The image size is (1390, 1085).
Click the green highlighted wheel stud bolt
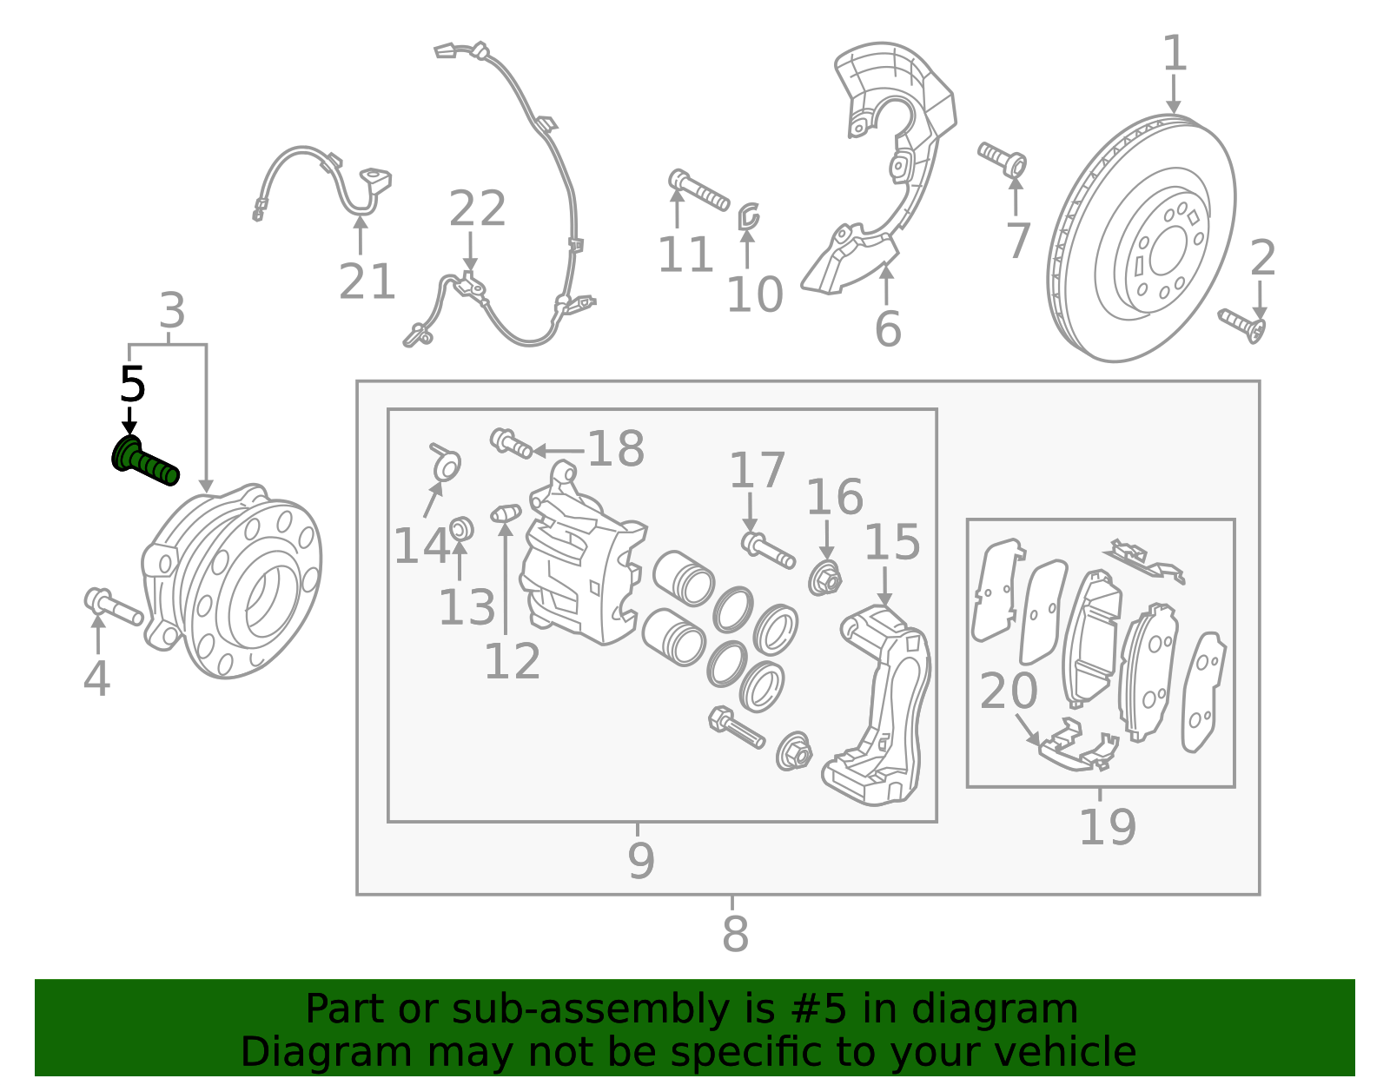[x=145, y=463]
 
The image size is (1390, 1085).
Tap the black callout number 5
[x=132, y=384]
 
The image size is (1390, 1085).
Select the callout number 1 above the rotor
[x=1174, y=54]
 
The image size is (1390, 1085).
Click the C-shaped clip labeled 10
[x=748, y=216]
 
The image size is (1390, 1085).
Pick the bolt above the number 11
[x=698, y=191]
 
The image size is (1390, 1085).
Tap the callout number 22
[x=477, y=209]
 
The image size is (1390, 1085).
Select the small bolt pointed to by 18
[x=511, y=443]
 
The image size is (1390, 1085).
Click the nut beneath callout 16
[x=824, y=579]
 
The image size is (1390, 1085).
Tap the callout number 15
[x=892, y=543]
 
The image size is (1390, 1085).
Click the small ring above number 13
[x=461, y=527]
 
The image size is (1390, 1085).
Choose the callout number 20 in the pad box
[x=1009, y=692]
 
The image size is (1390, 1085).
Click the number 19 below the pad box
[x=1107, y=827]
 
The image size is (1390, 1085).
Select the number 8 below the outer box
[x=735, y=936]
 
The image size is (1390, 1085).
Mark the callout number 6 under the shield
[x=887, y=330]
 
